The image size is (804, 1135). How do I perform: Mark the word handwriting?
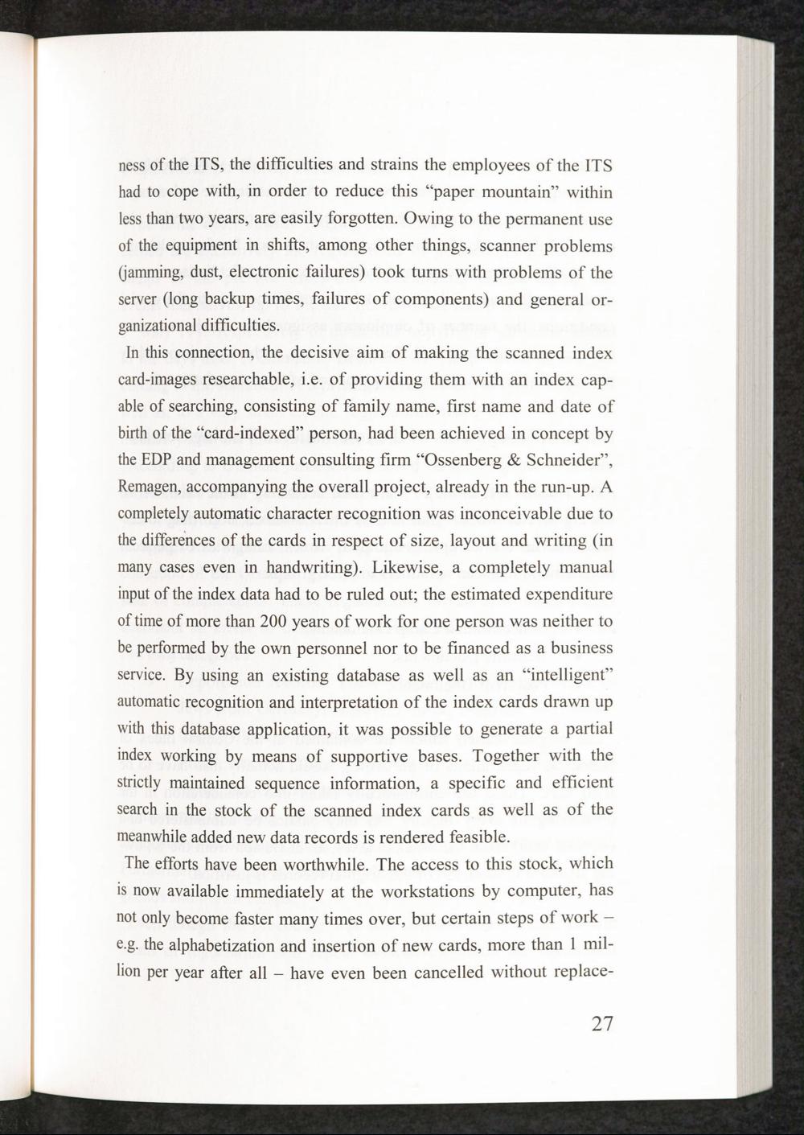[x=309, y=569]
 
